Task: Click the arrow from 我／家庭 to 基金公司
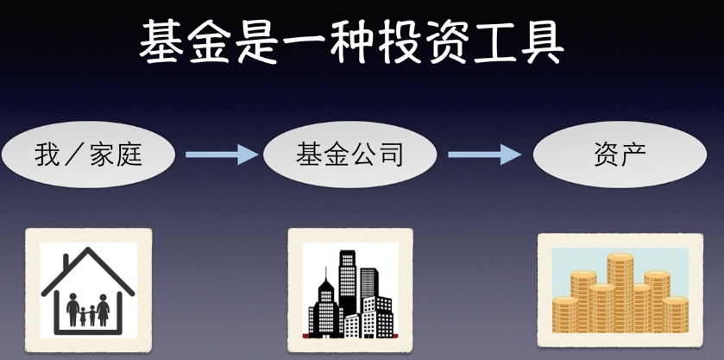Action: pos(221,155)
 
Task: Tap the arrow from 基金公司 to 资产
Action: pos(484,155)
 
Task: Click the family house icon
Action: pos(88,290)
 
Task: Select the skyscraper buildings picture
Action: pos(349,290)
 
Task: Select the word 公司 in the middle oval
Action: pos(376,155)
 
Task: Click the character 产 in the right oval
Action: pos(636,155)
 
